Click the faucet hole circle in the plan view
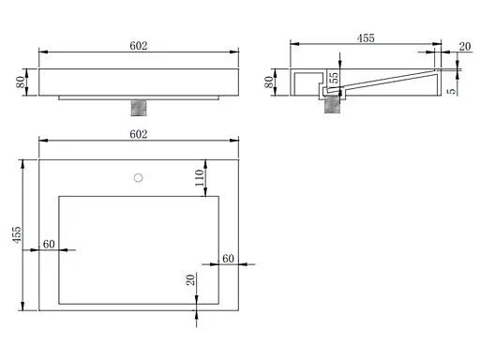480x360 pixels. [x=138, y=178]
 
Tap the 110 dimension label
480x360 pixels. [x=200, y=177]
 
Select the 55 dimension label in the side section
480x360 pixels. [x=334, y=78]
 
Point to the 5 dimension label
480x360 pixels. [x=452, y=91]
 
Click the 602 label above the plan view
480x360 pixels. [x=139, y=134]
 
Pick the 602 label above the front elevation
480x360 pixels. [x=139, y=46]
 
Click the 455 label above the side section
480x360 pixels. [x=366, y=38]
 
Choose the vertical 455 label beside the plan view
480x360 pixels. [x=17, y=234]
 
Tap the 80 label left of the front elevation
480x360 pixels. [x=21, y=82]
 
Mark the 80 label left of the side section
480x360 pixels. [x=269, y=82]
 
